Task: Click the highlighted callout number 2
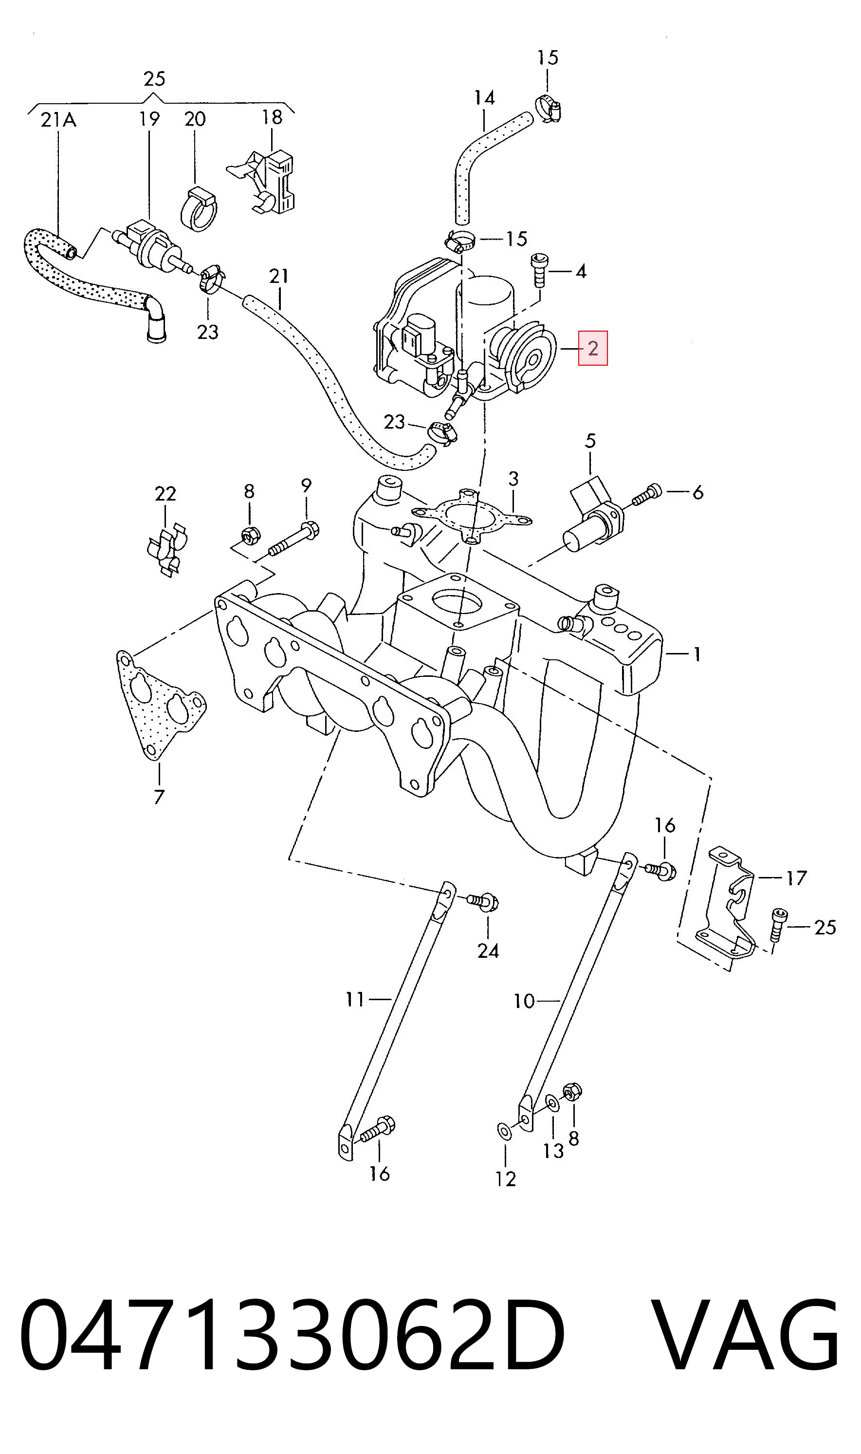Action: point(592,348)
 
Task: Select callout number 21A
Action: point(58,120)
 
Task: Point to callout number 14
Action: point(484,98)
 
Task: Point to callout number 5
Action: point(590,441)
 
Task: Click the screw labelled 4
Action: point(539,270)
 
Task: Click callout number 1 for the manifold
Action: point(697,654)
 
